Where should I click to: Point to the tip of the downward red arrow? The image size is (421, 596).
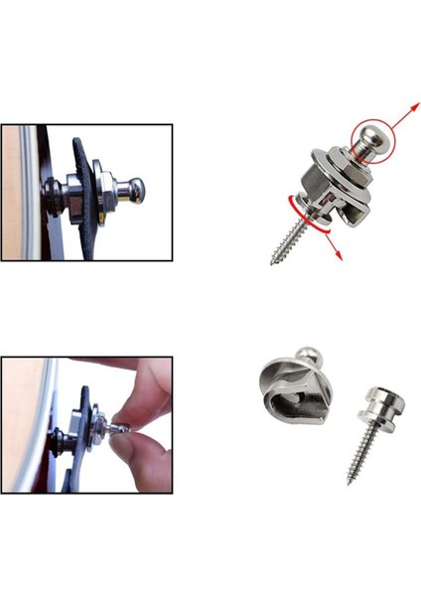click(x=342, y=259)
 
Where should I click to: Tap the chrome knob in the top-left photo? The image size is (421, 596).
click(x=137, y=188)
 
